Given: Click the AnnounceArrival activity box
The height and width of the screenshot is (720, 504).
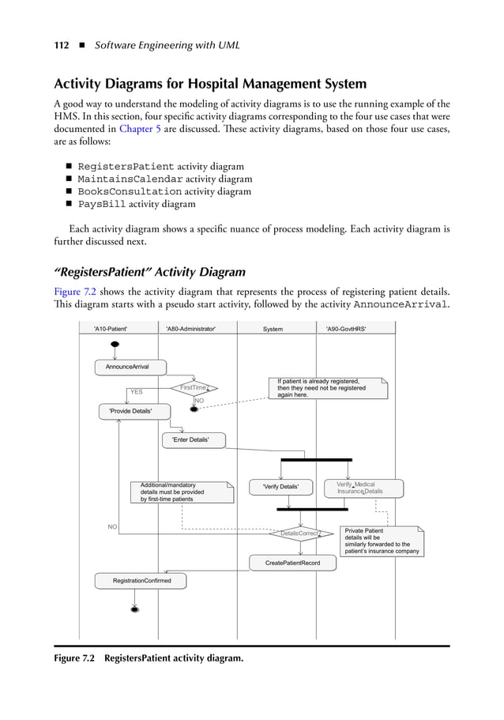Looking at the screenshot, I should click(127, 367).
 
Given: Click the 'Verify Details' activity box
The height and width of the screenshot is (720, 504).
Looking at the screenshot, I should click(280, 486).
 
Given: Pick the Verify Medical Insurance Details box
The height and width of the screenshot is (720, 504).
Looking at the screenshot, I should click(363, 488).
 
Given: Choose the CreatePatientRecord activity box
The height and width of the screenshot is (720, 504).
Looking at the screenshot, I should click(292, 562).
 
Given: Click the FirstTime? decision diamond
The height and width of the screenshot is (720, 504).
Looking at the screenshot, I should click(194, 387).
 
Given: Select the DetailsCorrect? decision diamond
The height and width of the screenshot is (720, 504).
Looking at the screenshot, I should click(300, 533).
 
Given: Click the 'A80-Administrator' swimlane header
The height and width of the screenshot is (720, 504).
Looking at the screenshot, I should click(190, 328).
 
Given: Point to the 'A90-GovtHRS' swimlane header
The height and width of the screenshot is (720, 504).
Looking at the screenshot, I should click(346, 328).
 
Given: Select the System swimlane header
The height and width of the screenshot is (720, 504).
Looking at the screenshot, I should click(273, 328).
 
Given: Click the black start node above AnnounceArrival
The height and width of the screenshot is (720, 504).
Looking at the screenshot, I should click(115, 344).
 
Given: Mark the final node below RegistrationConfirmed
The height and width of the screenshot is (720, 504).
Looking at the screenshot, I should click(135, 609).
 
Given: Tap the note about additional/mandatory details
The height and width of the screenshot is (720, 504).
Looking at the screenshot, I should click(182, 492).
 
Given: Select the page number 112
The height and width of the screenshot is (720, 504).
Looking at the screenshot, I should click(61, 45).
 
